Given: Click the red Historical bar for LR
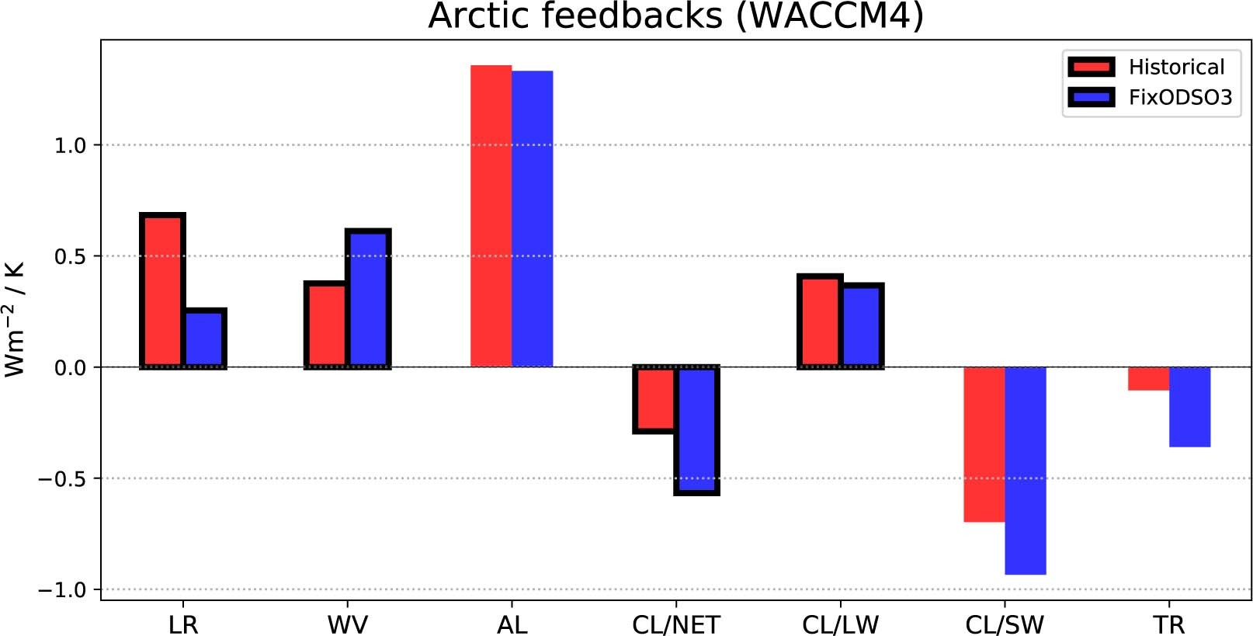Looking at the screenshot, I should click(162, 290).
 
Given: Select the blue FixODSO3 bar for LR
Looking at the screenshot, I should click(204, 339).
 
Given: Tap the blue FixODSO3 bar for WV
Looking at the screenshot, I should click(368, 298).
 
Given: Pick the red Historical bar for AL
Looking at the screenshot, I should click(491, 216).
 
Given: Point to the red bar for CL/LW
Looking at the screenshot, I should click(820, 321).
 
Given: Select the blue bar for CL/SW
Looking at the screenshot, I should click(1025, 471).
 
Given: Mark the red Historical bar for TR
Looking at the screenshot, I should click(1148, 379).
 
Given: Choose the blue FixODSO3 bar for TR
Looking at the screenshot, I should click(1189, 407).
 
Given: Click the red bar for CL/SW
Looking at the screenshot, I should click(984, 444).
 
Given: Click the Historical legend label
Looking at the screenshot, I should click(1176, 67).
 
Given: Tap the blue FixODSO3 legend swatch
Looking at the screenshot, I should click(1091, 97).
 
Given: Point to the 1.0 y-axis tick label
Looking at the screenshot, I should click(70, 145).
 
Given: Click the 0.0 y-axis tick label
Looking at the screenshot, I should click(70, 368).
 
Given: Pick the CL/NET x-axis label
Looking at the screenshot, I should click(675, 624).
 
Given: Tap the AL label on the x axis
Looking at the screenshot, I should click(512, 624).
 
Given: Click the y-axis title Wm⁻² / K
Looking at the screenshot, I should click(16, 319).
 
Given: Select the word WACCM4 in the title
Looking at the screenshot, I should click(829, 16).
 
